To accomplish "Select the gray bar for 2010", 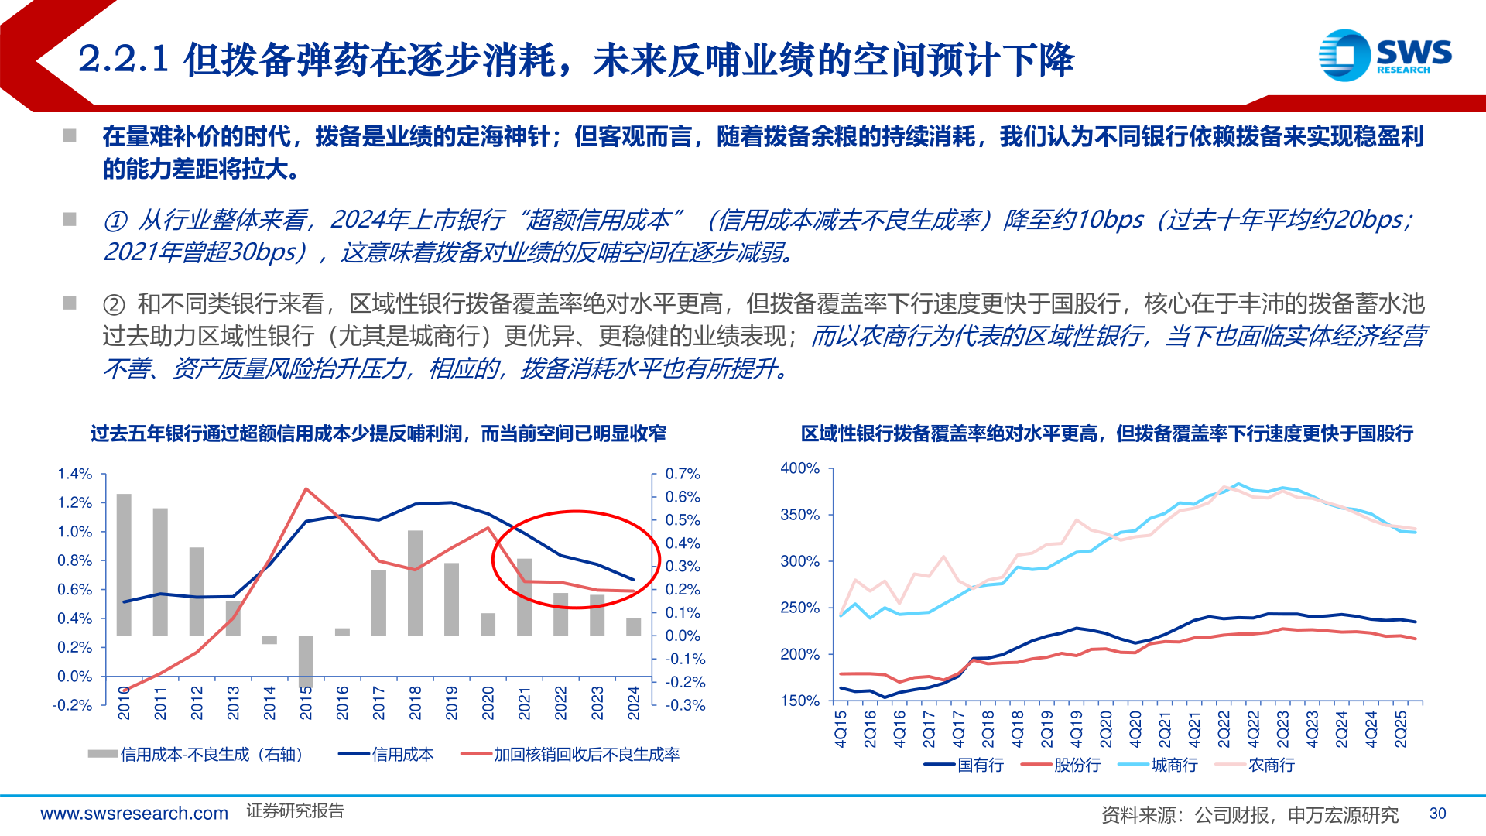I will (124, 564).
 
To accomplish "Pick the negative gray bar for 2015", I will (306, 661).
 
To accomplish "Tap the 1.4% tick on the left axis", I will (74, 474).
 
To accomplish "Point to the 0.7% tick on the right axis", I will (683, 474).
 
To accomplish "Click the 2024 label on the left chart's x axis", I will (634, 703).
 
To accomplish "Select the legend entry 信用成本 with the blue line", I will (386, 755).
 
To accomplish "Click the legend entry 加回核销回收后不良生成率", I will (570, 755).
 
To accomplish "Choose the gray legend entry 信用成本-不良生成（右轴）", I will (197, 755).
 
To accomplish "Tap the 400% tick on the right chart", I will (799, 468).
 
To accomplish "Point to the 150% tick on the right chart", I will (799, 701).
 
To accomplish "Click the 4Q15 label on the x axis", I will (841, 729).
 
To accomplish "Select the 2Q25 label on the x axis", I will (1401, 729).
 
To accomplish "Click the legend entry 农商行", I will (1255, 765).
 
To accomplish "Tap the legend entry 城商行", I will (1158, 765).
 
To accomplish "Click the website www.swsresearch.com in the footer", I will (134, 814).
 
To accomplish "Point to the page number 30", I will (1437, 814).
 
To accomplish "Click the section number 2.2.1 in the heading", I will (124, 60).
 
